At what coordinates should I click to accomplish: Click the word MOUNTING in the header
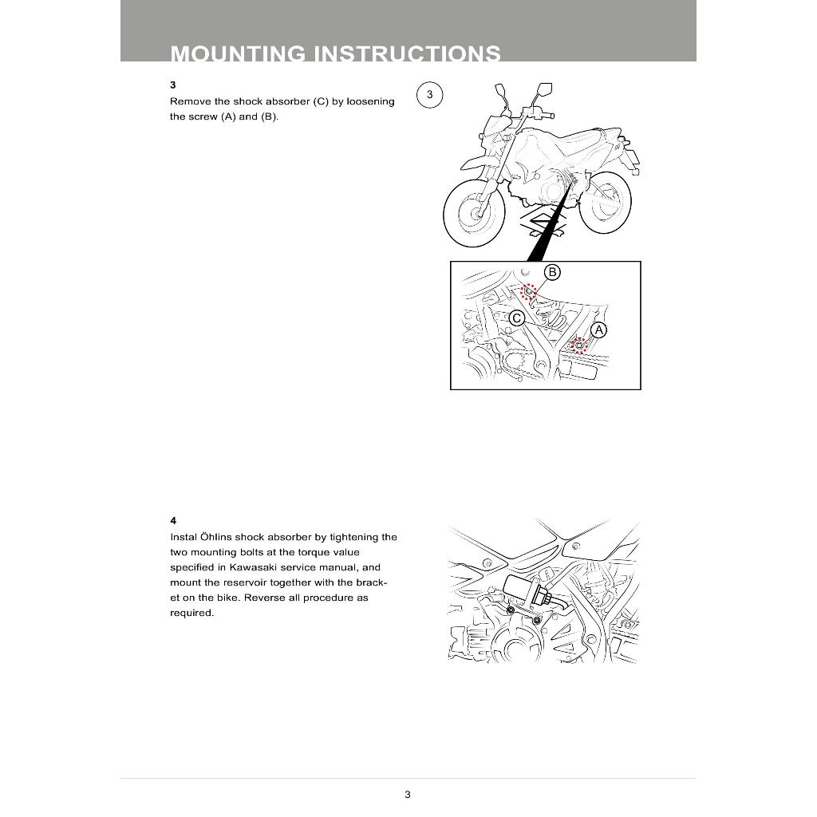tap(238, 54)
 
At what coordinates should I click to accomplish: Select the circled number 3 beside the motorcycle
tap(429, 95)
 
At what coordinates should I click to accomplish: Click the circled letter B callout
tap(552, 272)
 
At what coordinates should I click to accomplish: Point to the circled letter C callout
tap(516, 318)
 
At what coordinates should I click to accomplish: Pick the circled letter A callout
tap(598, 330)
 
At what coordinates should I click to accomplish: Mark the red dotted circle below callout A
tap(580, 345)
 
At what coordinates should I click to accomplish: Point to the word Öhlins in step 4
tap(214, 537)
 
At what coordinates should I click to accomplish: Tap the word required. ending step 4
tap(191, 613)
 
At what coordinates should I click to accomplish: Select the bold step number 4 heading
tap(173, 520)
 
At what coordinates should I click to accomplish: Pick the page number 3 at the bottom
tap(408, 794)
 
